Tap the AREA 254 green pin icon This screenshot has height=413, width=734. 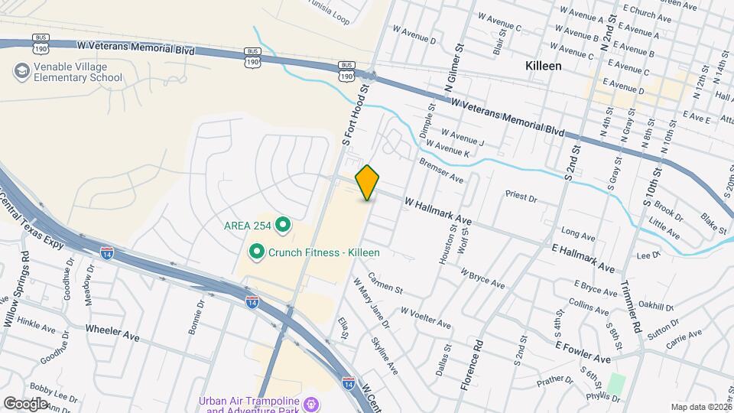(x=283, y=225)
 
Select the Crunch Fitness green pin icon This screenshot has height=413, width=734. (x=256, y=251)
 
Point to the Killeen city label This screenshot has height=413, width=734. (x=544, y=67)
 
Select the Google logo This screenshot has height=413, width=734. (x=25, y=403)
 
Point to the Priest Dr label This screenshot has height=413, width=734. (x=521, y=197)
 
